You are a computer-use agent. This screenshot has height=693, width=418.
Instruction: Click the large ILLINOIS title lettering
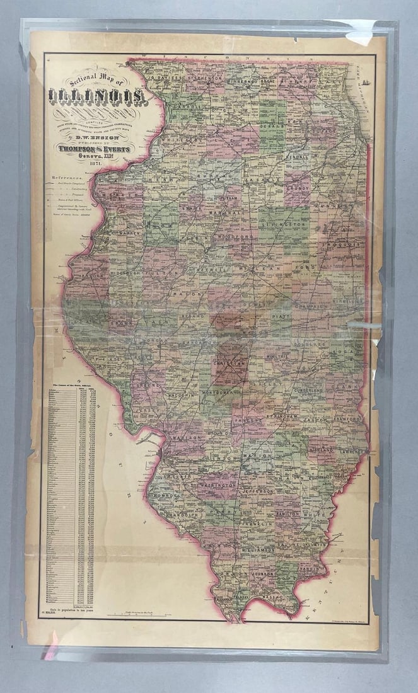(x=98, y=98)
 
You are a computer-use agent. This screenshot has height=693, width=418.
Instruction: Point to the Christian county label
(x=228, y=363)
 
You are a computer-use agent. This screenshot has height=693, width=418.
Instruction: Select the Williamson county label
(x=257, y=550)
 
